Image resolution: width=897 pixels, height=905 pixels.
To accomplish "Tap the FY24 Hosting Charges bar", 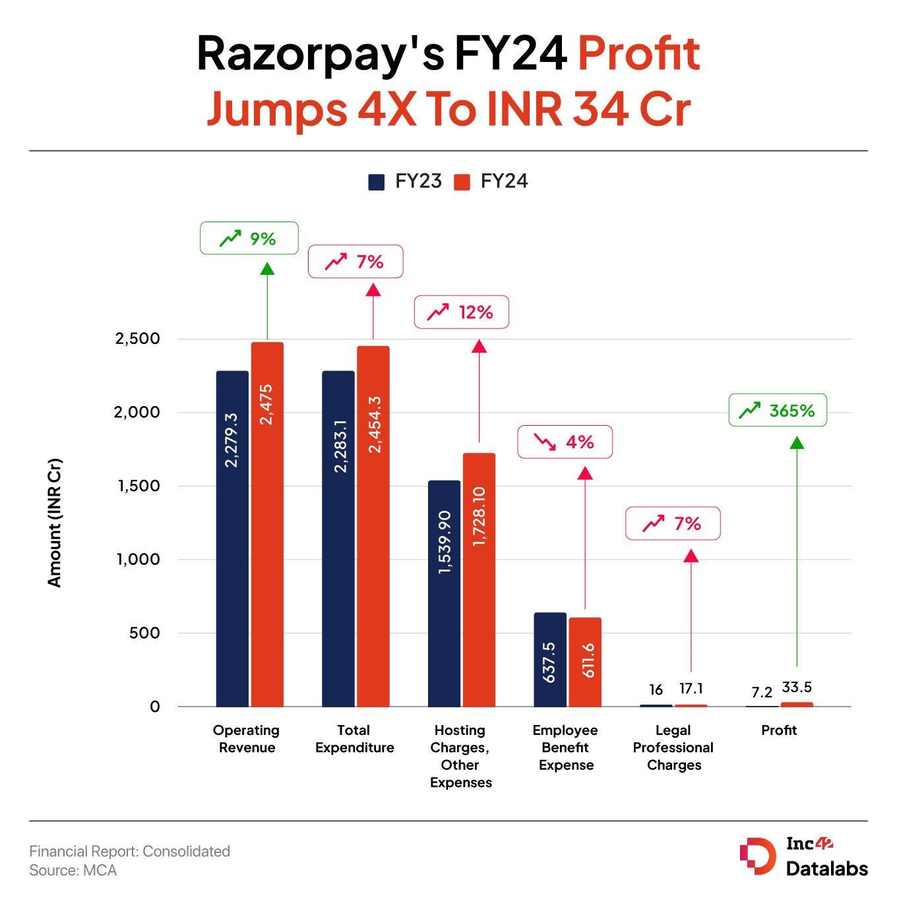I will pyautogui.click(x=479, y=580).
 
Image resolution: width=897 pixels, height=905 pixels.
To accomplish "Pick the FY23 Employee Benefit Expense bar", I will pyautogui.click(x=550, y=659).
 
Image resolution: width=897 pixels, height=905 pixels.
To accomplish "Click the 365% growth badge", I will pyautogui.click(x=778, y=410).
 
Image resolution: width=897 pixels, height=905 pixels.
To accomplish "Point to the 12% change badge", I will pyautogui.click(x=461, y=312).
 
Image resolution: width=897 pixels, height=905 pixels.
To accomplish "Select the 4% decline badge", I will pyautogui.click(x=565, y=442).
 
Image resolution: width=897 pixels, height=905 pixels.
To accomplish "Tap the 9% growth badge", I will pyautogui.click(x=249, y=238).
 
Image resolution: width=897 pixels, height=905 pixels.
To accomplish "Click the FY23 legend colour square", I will pyautogui.click(x=376, y=182).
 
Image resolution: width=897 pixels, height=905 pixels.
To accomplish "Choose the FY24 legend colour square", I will pyautogui.click(x=462, y=182).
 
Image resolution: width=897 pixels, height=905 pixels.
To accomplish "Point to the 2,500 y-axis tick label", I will pyautogui.click(x=137, y=339).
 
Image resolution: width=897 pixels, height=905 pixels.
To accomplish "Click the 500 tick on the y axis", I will pyautogui.click(x=144, y=633).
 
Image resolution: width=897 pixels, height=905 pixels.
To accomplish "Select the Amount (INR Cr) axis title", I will pyautogui.click(x=54, y=522).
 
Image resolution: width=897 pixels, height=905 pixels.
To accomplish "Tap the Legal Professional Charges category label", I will pyautogui.click(x=673, y=747).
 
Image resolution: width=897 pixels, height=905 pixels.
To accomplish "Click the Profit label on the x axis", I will pyautogui.click(x=779, y=730).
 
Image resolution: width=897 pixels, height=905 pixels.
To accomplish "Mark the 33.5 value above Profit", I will pyautogui.click(x=797, y=687).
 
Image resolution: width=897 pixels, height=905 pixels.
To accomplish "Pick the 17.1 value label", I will pyautogui.click(x=691, y=689).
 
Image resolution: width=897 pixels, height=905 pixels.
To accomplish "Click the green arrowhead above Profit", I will pyautogui.click(x=797, y=442).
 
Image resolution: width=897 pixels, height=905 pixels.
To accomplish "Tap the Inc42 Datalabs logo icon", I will pyautogui.click(x=757, y=856).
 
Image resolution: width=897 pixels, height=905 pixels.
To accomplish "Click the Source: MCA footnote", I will pyautogui.click(x=73, y=871).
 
